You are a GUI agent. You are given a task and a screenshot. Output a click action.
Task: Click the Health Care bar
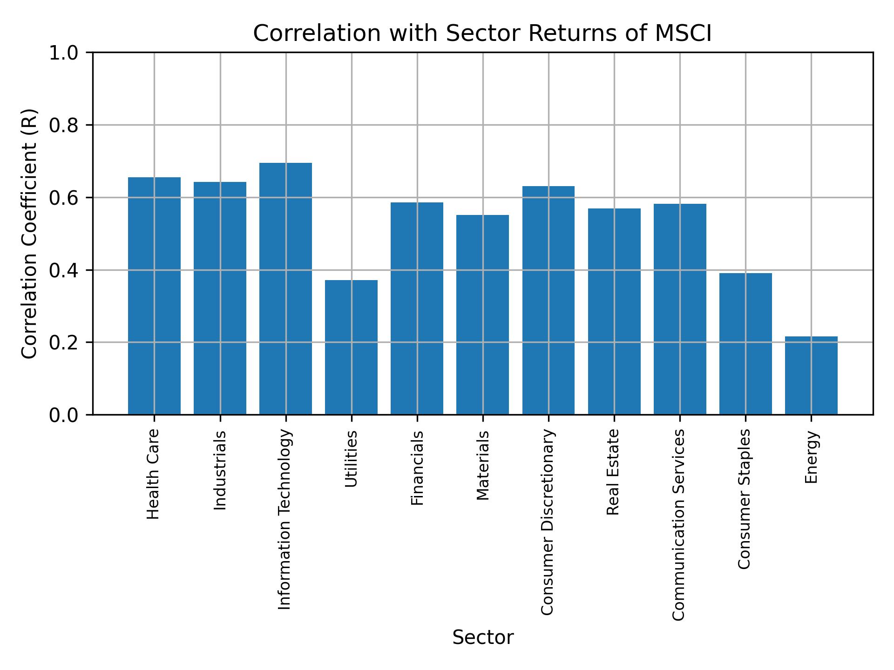tap(154, 296)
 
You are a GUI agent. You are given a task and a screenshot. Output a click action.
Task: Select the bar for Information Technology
tap(285, 288)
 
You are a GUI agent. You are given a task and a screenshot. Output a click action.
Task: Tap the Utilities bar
tap(351, 347)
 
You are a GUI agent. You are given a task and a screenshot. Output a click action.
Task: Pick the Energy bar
tap(811, 375)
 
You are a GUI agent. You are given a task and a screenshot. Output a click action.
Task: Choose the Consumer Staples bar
tap(745, 343)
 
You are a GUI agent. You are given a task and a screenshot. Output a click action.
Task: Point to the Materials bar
tap(482, 315)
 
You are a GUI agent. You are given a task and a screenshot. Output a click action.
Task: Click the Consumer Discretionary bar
tap(548, 300)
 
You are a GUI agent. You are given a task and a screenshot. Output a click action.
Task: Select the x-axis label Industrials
tap(220, 470)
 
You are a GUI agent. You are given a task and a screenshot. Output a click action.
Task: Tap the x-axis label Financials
tap(417, 468)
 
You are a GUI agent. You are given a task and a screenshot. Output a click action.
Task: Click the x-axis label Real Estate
tap(613, 472)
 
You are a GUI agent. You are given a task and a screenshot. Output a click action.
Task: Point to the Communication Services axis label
tap(679, 525)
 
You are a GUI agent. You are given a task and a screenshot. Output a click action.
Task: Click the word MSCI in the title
tap(683, 33)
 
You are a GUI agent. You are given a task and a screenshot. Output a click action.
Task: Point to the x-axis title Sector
tap(483, 637)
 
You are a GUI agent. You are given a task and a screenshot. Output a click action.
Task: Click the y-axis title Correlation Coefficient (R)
tap(29, 234)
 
